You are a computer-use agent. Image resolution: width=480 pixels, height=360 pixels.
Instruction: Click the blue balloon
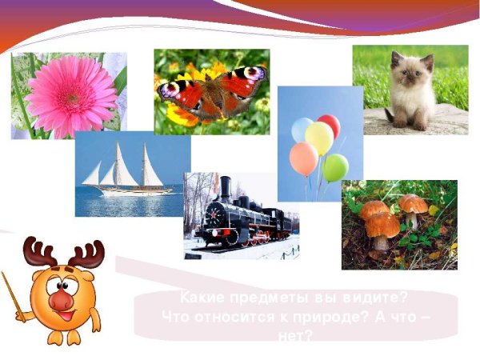302,130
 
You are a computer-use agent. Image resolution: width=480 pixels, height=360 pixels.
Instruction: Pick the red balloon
328,126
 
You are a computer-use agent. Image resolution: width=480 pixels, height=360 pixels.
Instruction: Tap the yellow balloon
319,138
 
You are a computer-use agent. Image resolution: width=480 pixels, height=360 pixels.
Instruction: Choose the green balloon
335,168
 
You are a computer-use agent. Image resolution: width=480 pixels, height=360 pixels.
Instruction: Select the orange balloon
304,158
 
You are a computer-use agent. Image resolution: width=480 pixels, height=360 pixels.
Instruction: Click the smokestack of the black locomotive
226,189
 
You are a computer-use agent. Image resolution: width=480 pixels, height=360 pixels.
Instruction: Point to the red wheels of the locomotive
258,238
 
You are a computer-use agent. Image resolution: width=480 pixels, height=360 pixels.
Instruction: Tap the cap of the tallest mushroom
413,202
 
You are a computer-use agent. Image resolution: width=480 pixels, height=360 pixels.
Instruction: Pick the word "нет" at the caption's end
296,334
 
